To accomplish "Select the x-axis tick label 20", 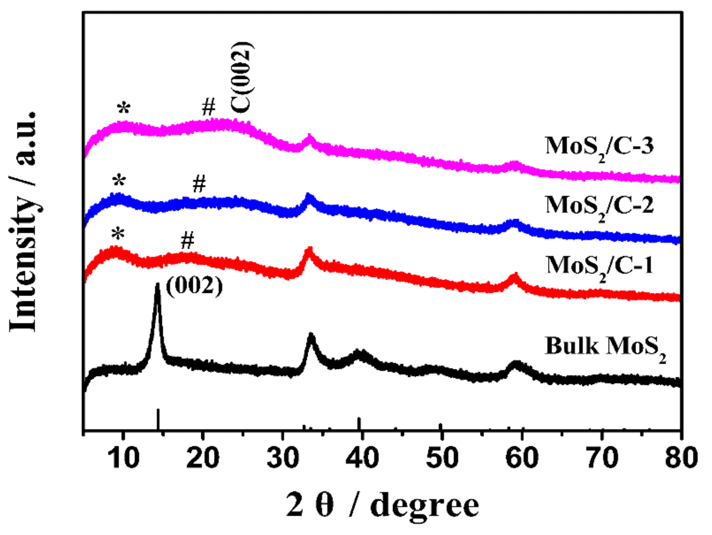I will (203, 458).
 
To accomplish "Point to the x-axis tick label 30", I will (283, 458).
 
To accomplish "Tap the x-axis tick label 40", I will (362, 458).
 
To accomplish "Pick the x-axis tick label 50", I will (442, 458).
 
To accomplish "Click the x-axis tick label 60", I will (522, 458).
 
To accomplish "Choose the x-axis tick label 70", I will (601, 458).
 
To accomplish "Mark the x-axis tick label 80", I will (681, 458).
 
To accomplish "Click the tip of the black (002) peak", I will (158, 284).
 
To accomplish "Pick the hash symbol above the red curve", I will (187, 241).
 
